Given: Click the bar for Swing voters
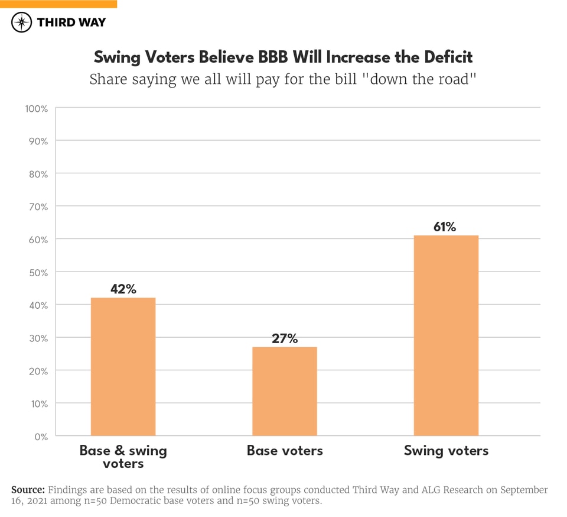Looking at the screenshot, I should click(x=446, y=335).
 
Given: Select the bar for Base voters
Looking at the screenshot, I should click(x=285, y=391).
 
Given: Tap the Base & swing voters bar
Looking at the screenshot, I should click(x=123, y=366).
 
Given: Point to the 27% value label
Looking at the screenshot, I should click(x=285, y=338).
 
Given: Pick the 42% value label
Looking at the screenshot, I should click(x=123, y=289).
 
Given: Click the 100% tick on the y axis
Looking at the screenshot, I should click(x=36, y=108).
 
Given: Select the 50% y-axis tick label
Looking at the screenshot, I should click(x=38, y=272).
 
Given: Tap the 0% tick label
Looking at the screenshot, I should click(x=41, y=437).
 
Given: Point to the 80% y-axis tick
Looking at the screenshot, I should click(x=38, y=174).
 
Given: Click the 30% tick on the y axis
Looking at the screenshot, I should click(x=38, y=338).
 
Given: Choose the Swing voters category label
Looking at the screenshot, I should click(x=446, y=451).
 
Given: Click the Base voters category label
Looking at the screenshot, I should click(x=285, y=451).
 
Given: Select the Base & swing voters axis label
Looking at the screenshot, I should click(x=123, y=457).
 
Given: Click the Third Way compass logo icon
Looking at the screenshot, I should click(x=22, y=22).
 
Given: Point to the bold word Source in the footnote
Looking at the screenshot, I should click(x=28, y=490).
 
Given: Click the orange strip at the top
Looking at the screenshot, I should click(x=58, y=4).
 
